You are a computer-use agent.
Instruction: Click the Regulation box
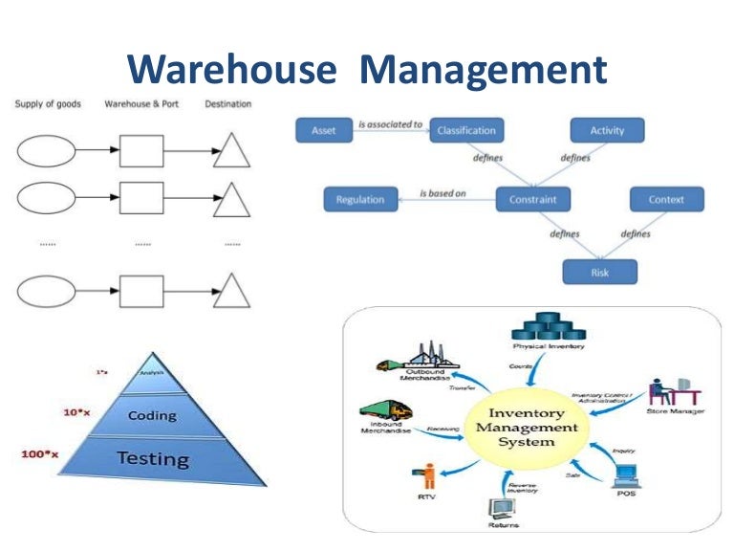pos(359,199)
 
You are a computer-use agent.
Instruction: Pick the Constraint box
pos(532,199)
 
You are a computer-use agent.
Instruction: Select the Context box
pos(666,199)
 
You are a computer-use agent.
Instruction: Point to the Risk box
pos(599,273)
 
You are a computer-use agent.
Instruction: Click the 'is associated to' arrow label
pos(389,123)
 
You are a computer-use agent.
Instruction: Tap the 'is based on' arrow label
pos(443,193)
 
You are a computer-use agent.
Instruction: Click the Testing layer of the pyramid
pos(152,459)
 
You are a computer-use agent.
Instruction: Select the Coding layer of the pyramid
pos(152,415)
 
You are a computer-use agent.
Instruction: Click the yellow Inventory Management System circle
pos(522,428)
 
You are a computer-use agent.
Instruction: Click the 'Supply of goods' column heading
pos(48,103)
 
